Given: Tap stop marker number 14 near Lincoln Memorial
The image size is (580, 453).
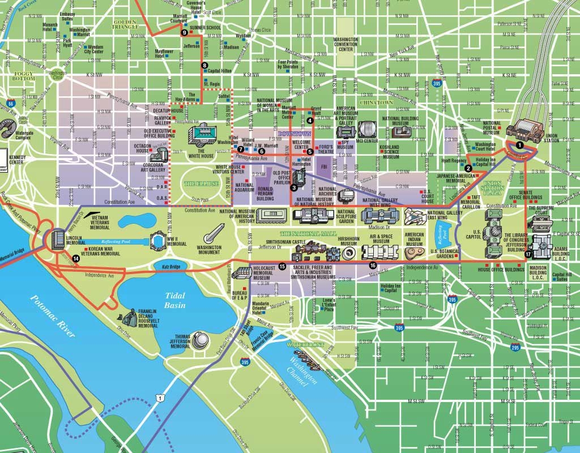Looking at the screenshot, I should (x=76, y=259).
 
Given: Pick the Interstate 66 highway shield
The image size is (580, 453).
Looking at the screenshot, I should (x=11, y=104).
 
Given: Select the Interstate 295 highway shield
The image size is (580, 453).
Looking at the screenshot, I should (x=514, y=347).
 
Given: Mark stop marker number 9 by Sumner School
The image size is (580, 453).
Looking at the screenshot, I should (x=185, y=33).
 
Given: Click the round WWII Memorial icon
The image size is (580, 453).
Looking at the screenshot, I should (x=157, y=241).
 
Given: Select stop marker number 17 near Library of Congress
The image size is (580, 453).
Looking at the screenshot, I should (x=528, y=255).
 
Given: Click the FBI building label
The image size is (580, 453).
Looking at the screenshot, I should (x=324, y=167).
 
